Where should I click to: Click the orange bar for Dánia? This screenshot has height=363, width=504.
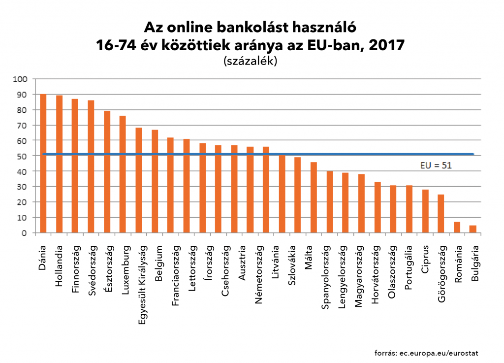(x=43, y=163)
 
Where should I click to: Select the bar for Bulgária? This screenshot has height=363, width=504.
(x=473, y=229)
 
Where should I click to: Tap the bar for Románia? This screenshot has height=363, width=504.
(x=457, y=227)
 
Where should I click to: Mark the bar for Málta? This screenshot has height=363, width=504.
(x=314, y=198)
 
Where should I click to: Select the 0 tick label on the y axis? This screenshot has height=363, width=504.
(x=26, y=233)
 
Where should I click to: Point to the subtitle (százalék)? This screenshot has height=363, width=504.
(x=250, y=61)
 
